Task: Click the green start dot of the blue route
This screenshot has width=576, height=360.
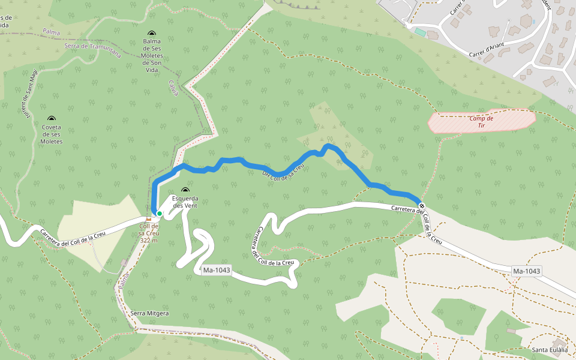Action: click(x=160, y=213)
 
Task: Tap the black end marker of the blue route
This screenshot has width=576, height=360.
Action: click(x=422, y=206)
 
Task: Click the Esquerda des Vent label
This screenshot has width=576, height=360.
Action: click(x=185, y=202)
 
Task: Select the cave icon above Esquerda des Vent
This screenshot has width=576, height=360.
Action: click(x=185, y=190)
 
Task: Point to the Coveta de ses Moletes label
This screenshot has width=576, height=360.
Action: click(x=52, y=134)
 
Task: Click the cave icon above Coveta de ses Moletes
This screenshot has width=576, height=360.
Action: click(x=52, y=119)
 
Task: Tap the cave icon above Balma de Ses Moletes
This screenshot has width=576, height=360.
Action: click(x=152, y=34)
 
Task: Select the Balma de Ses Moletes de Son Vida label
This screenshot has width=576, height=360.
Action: click(x=152, y=55)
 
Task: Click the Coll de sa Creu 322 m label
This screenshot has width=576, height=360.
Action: click(x=148, y=233)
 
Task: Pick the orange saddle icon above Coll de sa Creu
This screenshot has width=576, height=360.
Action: click(x=148, y=218)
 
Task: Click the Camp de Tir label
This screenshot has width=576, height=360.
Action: click(x=481, y=122)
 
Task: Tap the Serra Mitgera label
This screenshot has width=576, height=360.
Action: click(x=149, y=313)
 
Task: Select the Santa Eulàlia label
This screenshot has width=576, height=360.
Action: click(x=549, y=350)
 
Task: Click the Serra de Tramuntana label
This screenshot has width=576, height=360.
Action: click(x=92, y=50)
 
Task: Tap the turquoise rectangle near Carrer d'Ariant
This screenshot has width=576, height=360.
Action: click(x=420, y=31)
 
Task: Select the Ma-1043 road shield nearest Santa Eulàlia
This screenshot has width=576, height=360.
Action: click(x=527, y=271)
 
